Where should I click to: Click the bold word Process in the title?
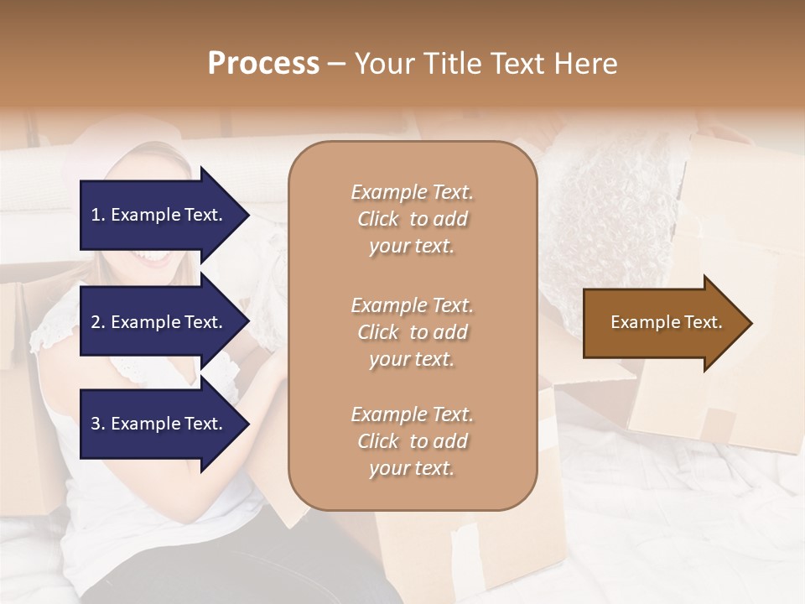pos(263,64)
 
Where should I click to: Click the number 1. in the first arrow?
pos(98,215)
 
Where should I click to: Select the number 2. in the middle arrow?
pos(98,322)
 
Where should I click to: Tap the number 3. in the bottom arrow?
pos(98,424)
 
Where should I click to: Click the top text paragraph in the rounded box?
pos(412,219)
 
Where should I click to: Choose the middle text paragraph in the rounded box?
pos(412,331)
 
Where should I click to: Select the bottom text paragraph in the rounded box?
pos(412,441)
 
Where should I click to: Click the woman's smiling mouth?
pos(155,256)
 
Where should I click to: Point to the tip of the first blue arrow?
pos(248,215)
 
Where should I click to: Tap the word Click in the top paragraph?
pos(377,219)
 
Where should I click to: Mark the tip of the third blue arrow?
pos(248,424)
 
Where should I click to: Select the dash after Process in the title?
pos(336,64)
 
